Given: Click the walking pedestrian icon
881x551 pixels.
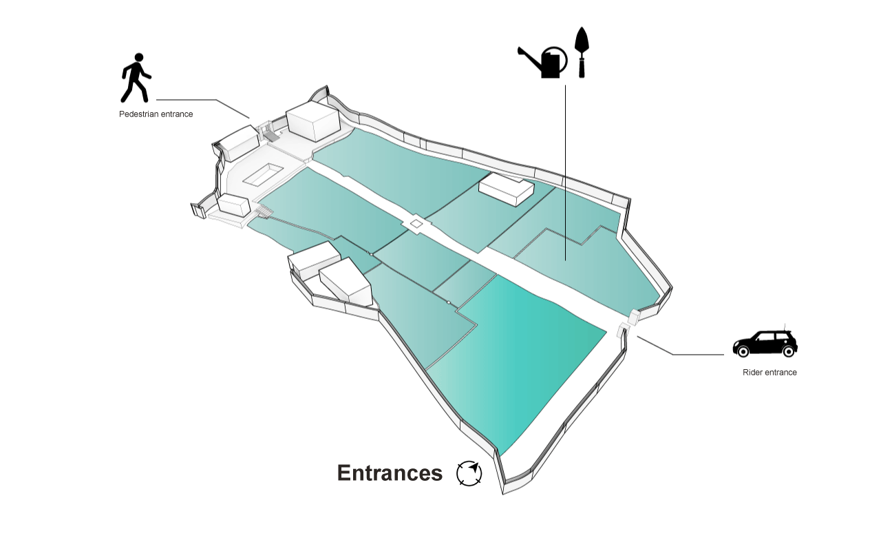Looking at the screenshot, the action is point(136,78).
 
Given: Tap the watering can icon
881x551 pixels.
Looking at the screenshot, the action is point(543,62).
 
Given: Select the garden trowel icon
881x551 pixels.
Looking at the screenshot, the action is point(582,52).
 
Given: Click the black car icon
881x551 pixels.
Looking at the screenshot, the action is point(765,344).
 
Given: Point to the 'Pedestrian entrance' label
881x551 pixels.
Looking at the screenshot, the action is point(156,114).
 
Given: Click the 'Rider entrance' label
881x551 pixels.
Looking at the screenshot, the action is point(769,373).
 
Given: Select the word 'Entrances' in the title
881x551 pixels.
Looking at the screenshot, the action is point(390,472).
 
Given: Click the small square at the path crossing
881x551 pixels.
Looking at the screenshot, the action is point(416,224).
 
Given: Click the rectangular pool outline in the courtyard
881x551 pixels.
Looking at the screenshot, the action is point(263,174).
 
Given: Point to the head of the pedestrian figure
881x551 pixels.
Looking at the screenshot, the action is point(139,57).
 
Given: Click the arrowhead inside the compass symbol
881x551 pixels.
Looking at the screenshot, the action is point(474,468).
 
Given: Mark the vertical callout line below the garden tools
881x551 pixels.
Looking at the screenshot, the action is point(565,173).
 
